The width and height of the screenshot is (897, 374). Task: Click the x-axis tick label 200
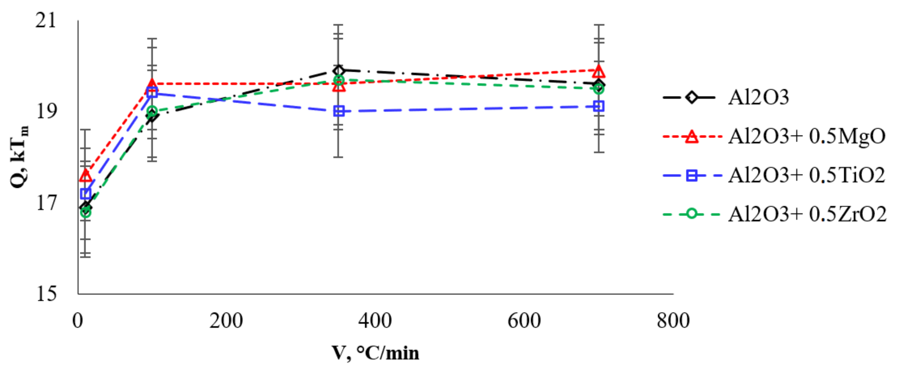(x=226, y=321)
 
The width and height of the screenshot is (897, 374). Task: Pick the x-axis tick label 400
(x=375, y=321)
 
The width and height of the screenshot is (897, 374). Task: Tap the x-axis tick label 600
(x=524, y=321)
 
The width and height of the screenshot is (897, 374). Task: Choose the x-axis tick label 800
(x=673, y=321)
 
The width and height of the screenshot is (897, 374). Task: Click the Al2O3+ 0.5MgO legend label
(x=806, y=136)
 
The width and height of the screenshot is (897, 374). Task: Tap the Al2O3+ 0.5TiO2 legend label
(x=806, y=175)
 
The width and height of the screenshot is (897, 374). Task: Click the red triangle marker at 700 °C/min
(x=599, y=71)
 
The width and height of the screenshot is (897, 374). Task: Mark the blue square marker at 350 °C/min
(x=339, y=111)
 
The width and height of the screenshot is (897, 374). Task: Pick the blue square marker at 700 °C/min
(x=599, y=106)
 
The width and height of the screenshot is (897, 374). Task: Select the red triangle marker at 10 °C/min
(x=86, y=176)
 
